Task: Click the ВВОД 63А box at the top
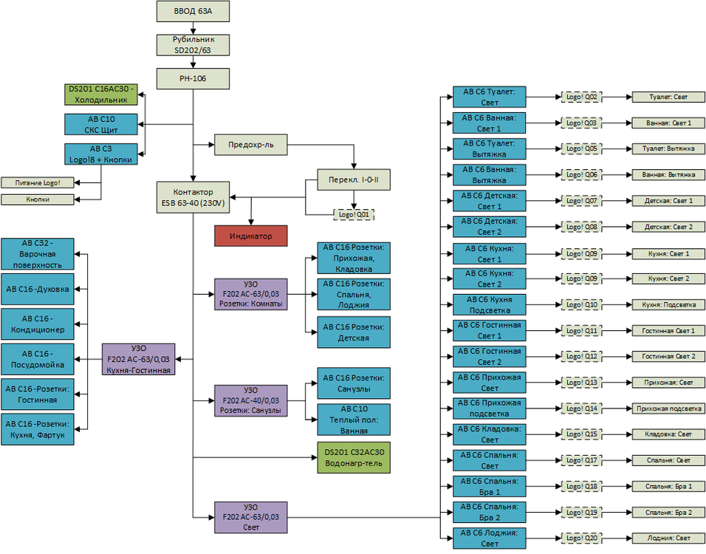click(x=193, y=12)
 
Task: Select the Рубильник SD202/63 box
click(x=193, y=45)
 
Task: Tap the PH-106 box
click(x=193, y=79)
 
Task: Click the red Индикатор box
click(x=250, y=236)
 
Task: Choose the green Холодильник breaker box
click(x=101, y=94)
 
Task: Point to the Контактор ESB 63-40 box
click(x=193, y=196)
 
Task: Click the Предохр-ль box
click(x=250, y=144)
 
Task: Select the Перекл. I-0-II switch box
click(x=353, y=179)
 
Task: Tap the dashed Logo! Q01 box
click(x=353, y=214)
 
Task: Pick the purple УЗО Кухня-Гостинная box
click(x=138, y=359)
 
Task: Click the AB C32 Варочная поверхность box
click(x=38, y=253)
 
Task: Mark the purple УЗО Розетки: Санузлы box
click(x=250, y=400)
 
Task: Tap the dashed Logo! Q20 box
click(x=580, y=538)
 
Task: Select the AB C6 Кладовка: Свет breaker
click(x=490, y=434)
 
